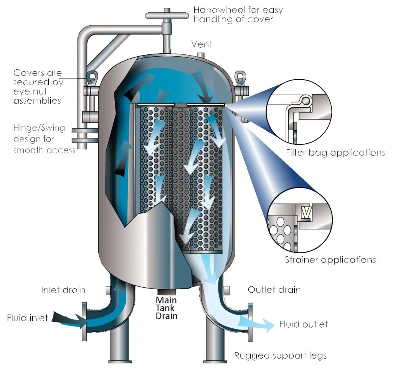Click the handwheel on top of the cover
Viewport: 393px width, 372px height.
[x=167, y=15]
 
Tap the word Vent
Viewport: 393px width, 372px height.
[x=201, y=44]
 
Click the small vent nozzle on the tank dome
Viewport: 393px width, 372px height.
[x=201, y=55]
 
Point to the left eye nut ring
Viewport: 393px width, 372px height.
[x=92, y=77]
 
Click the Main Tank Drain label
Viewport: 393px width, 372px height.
[x=167, y=308]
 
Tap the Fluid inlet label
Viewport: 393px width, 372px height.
[x=27, y=318]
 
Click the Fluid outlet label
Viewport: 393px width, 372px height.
[x=304, y=324]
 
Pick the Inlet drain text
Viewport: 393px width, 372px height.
[x=63, y=290]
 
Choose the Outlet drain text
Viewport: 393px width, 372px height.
[x=274, y=290]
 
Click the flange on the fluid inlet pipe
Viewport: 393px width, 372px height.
[x=84, y=321]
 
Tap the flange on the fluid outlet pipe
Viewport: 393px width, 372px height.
[x=250, y=322]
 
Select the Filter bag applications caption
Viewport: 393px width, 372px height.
[x=335, y=152]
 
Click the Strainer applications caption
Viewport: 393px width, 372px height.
[x=330, y=260]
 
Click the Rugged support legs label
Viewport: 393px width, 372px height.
[x=280, y=356]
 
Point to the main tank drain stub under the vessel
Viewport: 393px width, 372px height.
[x=167, y=292]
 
